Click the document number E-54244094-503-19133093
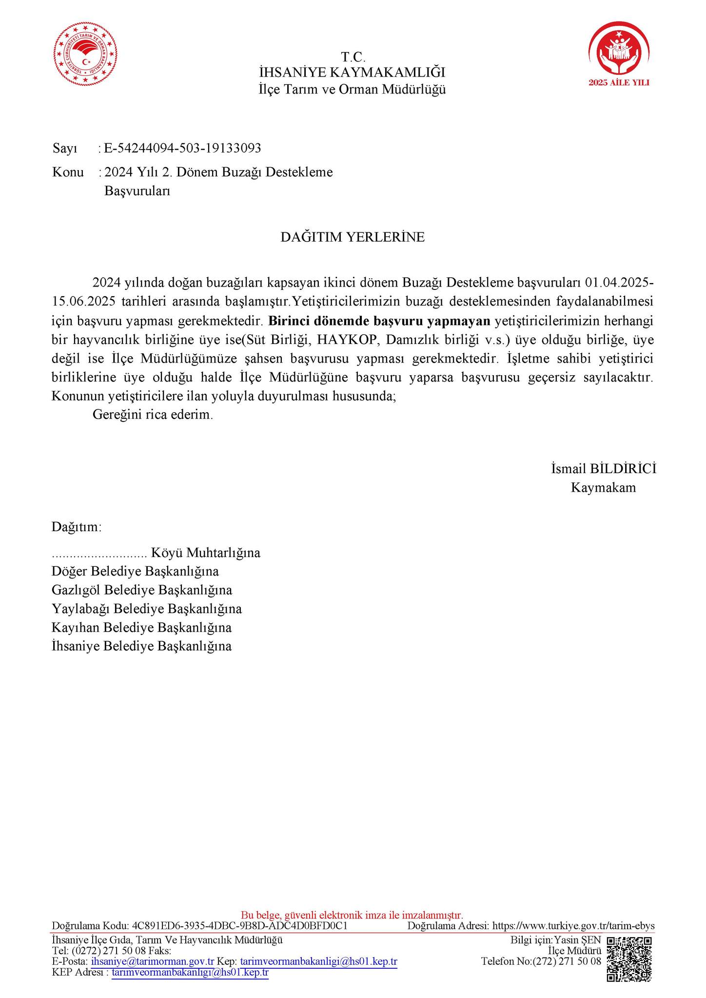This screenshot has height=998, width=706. (183, 148)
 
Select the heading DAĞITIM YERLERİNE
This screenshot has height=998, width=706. (353, 237)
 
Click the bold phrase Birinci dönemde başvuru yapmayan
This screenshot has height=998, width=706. (379, 321)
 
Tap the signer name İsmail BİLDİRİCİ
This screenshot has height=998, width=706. (604, 469)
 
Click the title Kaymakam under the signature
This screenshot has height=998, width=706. (604, 488)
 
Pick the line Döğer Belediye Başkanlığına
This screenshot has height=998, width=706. (135, 571)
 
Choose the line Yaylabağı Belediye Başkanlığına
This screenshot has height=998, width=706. (147, 609)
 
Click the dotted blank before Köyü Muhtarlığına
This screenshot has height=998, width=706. (99, 553)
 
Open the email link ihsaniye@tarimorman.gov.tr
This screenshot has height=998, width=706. (153, 962)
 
